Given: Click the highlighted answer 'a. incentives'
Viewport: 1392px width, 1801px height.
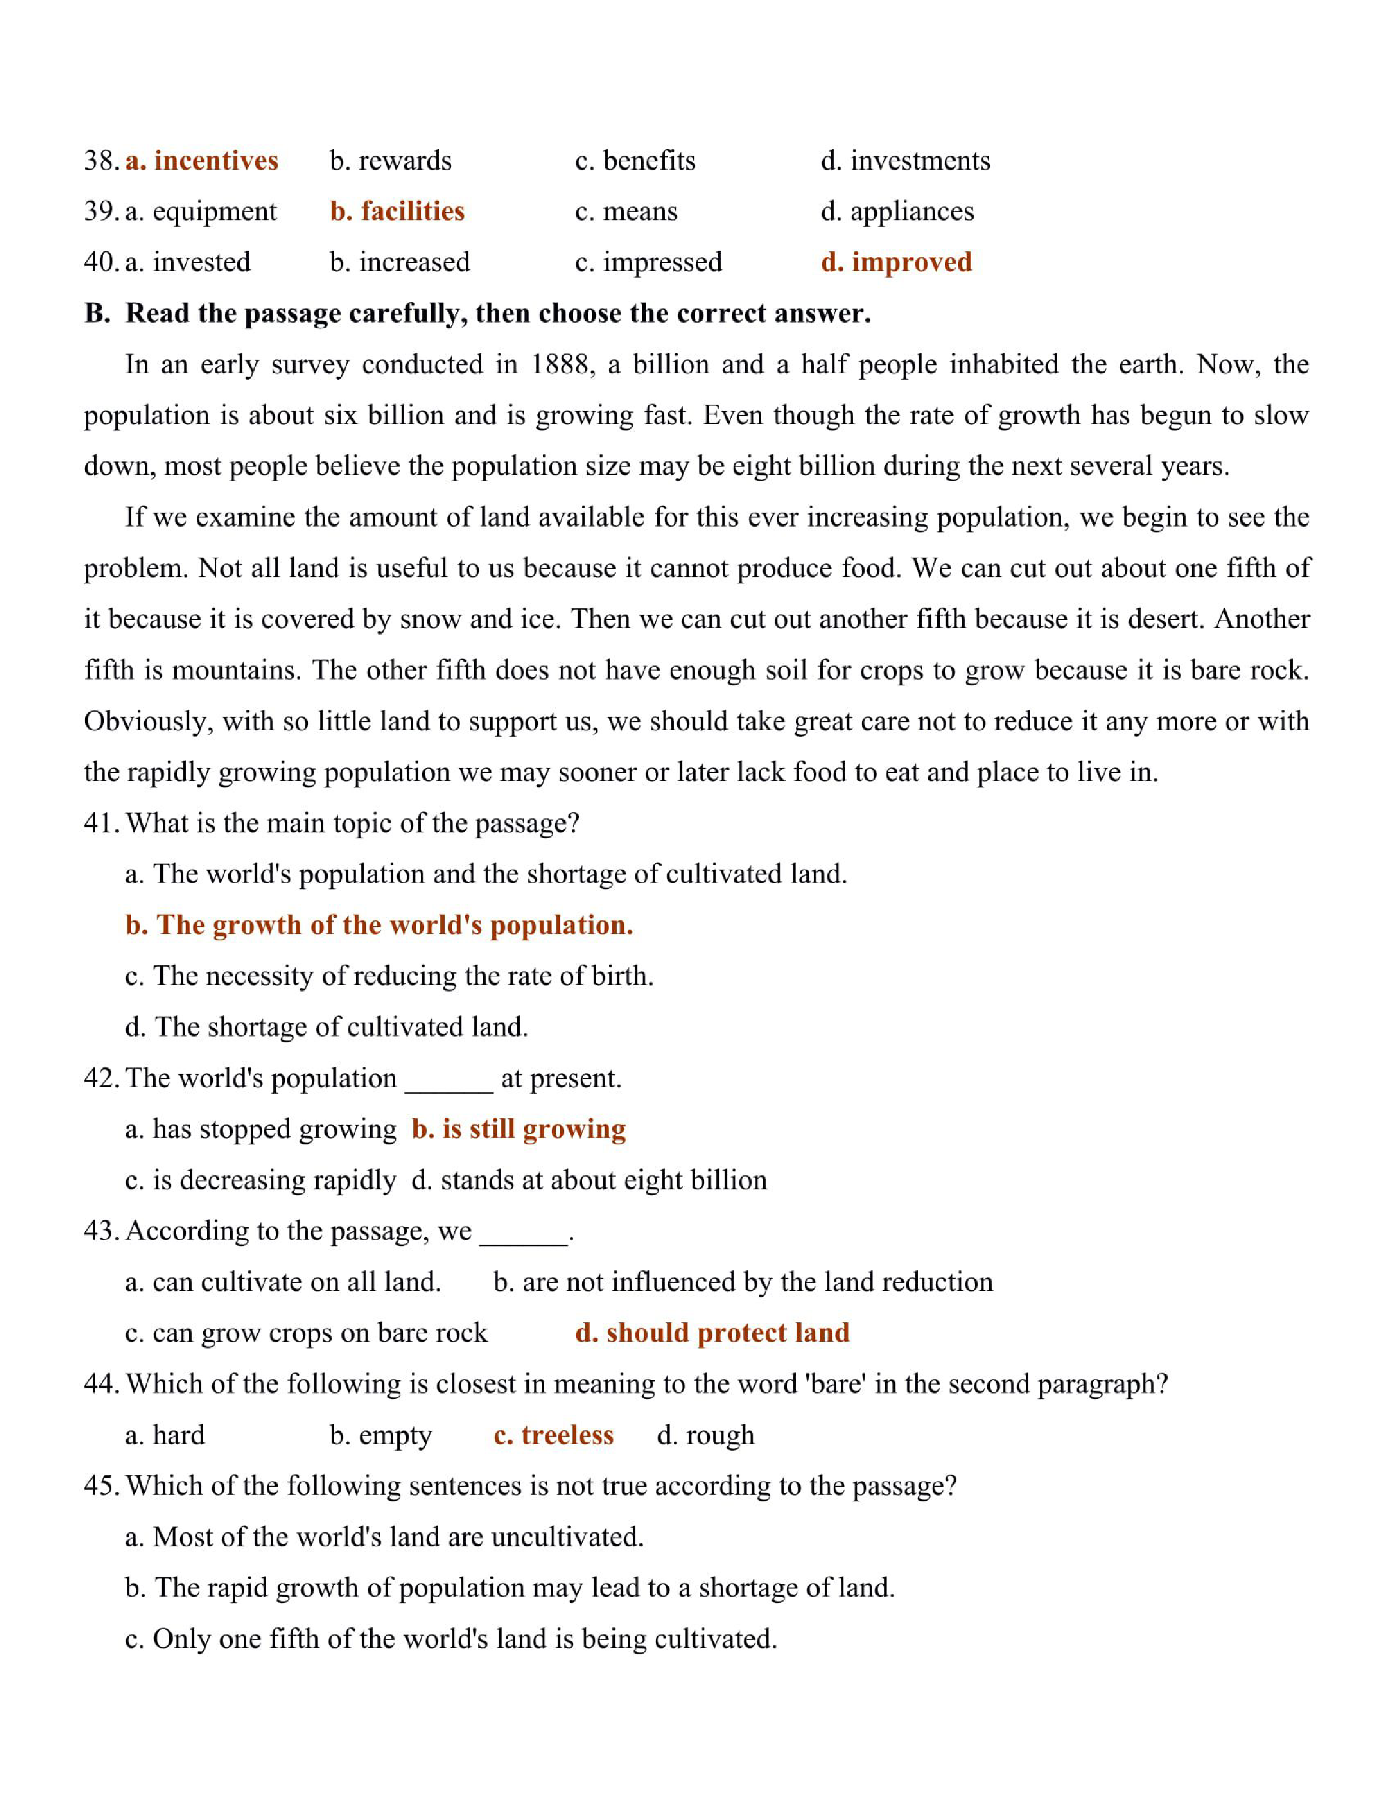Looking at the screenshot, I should [x=201, y=160].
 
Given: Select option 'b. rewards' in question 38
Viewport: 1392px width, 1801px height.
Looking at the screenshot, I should [x=390, y=160].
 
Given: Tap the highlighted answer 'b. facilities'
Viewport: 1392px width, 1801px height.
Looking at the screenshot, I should [x=397, y=211].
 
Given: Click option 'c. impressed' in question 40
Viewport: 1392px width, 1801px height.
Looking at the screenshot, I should [x=648, y=263].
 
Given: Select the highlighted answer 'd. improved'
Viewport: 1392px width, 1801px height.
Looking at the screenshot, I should [x=896, y=263].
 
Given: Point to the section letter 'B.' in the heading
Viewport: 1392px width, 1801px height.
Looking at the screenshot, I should [x=97, y=313].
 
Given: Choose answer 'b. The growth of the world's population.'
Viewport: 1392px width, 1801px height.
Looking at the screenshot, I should [x=379, y=925].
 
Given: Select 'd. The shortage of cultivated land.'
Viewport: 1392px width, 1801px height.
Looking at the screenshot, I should [x=327, y=1028].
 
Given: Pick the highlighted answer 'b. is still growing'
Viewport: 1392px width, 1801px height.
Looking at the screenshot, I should [x=519, y=1129].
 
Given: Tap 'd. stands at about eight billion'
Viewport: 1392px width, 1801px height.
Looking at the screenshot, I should [x=589, y=1180].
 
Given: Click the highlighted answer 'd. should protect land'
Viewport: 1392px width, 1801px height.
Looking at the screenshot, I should [x=712, y=1333].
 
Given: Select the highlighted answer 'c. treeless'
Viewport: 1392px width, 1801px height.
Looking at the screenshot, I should [x=553, y=1436].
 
